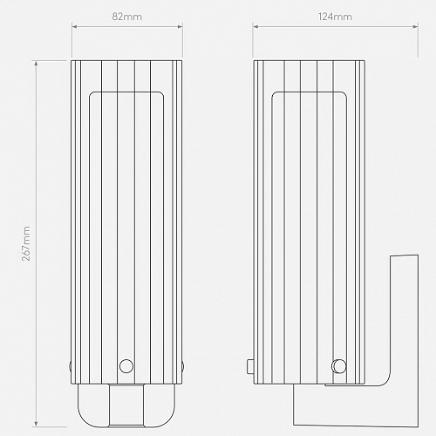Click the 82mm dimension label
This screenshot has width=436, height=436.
(x=127, y=17)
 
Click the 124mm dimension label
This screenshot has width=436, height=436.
(x=335, y=17)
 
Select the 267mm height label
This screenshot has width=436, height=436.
(x=26, y=243)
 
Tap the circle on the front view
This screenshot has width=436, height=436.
(x=126, y=366)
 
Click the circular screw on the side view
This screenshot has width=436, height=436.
(x=339, y=366)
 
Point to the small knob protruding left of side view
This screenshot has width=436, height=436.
(x=250, y=366)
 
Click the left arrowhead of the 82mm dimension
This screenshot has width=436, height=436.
(x=74, y=27)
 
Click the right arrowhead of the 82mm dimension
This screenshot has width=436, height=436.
(x=180, y=27)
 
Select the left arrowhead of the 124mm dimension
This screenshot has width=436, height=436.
(x=255, y=27)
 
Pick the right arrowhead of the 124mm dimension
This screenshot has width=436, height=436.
(x=415, y=27)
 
